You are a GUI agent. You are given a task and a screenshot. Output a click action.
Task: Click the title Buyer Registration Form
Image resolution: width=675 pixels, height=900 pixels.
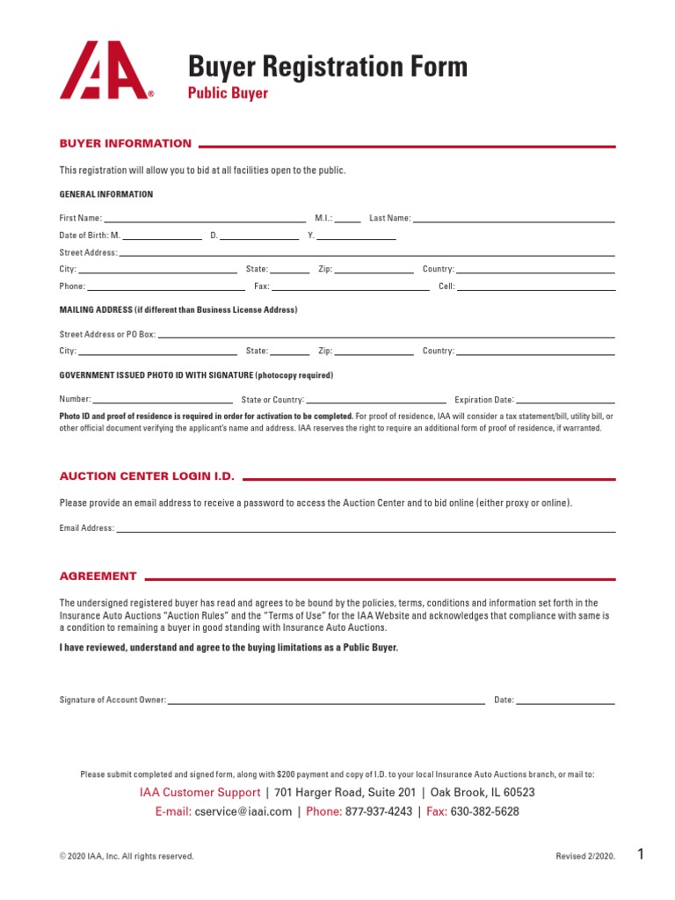point(328,67)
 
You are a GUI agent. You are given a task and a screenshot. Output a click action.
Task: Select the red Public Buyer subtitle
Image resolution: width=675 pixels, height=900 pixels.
point(228,93)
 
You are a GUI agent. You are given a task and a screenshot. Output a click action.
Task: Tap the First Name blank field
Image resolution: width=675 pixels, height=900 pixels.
point(205,217)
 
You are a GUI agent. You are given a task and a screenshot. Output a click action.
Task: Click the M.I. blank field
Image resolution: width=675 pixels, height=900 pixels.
point(347,217)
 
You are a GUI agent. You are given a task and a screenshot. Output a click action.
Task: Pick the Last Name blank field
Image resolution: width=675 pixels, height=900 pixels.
point(514,217)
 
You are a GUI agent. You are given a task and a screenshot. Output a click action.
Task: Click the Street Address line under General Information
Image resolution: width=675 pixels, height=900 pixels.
point(367,252)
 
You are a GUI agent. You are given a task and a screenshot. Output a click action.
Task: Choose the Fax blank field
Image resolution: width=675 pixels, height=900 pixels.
point(351,286)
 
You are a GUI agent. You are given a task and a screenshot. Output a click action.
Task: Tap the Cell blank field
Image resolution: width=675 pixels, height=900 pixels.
point(535,286)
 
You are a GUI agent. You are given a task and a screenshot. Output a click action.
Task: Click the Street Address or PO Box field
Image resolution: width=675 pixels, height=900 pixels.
point(386,334)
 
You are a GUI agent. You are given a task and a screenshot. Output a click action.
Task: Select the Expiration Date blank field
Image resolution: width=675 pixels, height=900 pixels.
point(566,399)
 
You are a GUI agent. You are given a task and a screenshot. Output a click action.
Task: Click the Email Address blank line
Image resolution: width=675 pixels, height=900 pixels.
point(366,528)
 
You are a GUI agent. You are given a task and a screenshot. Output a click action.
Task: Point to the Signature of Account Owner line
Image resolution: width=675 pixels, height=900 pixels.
point(326,700)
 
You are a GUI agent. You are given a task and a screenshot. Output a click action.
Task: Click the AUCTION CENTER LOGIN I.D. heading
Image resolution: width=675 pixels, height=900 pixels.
point(147,476)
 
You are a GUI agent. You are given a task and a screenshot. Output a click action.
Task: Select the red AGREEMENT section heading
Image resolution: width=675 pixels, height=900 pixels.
point(98,577)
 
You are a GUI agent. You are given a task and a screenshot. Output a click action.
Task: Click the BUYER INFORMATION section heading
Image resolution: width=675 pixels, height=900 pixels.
point(125,143)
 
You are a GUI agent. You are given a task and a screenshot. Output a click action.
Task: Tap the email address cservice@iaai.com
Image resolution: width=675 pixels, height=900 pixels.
point(243,811)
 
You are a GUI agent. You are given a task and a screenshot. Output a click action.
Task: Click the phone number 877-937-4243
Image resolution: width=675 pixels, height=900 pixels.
point(379,811)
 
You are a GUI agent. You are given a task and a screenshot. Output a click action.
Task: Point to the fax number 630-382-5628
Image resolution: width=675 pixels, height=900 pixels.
point(484,811)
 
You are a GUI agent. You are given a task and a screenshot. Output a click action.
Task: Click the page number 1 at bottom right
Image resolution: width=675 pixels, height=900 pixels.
point(641,854)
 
